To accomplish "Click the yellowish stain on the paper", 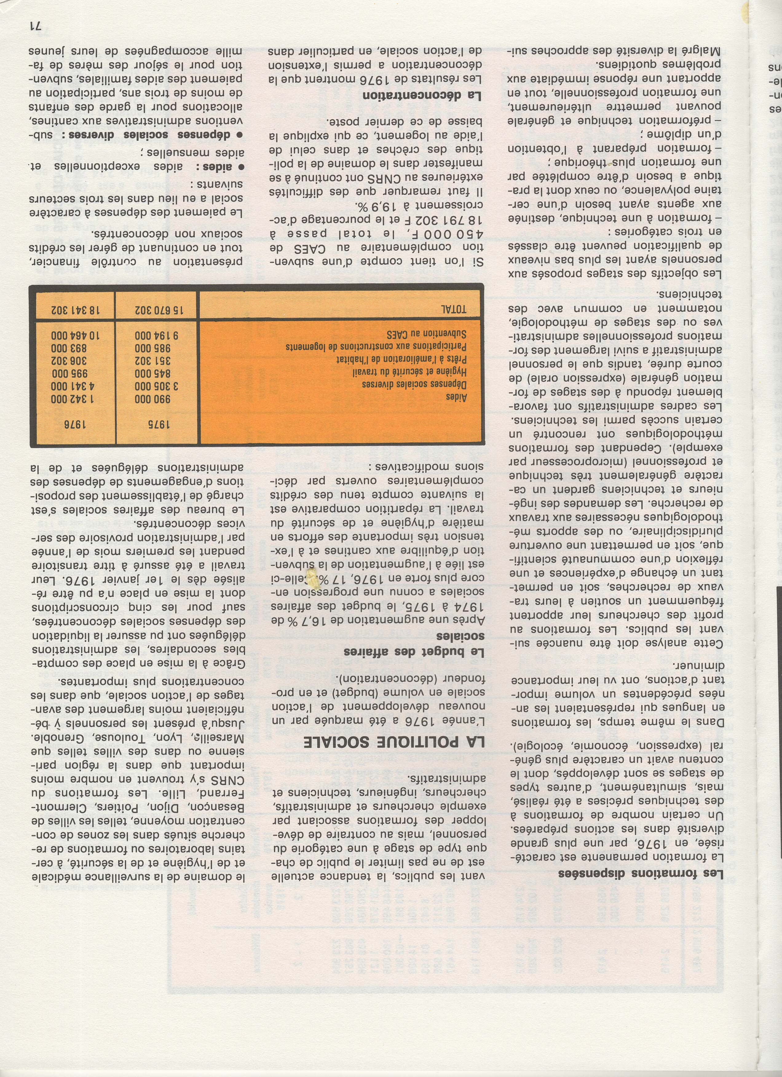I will pyautogui.click(x=312, y=578).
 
